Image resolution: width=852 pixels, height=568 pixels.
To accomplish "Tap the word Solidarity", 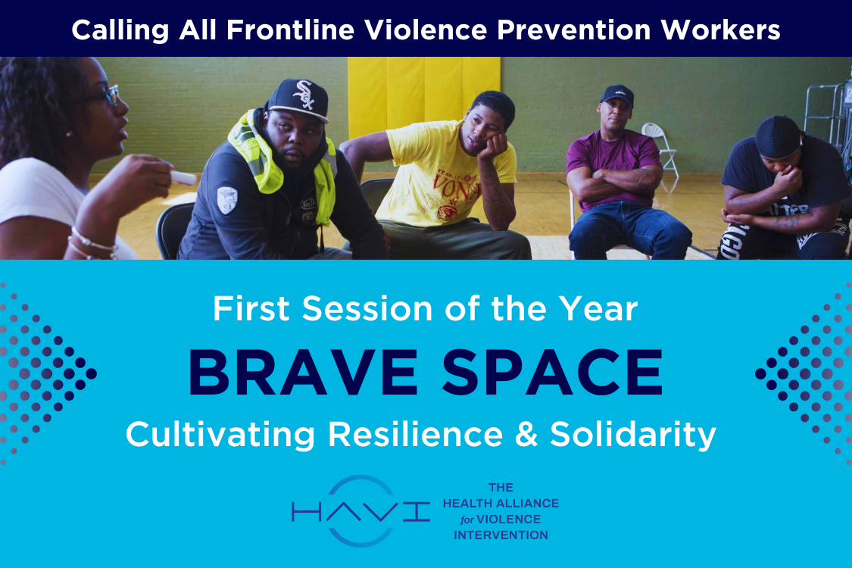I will tap(632, 435).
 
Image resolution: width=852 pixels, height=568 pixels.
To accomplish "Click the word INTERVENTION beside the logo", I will tap(501, 535).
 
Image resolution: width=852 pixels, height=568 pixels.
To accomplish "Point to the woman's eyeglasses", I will tap(106, 95).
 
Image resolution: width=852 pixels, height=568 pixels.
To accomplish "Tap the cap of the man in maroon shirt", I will tap(616, 94).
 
